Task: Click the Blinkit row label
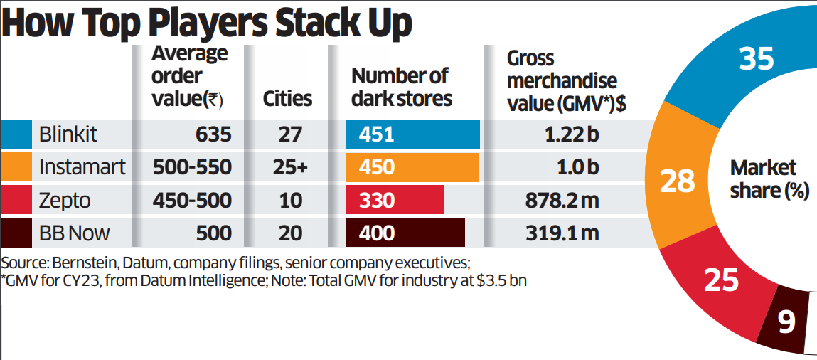68,134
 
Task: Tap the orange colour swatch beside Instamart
16,167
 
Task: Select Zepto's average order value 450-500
192,200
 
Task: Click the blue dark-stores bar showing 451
412,134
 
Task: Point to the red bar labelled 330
395,200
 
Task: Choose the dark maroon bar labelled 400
405,233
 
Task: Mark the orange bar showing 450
412,167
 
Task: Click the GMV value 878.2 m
559,200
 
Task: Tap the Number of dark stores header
402,87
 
